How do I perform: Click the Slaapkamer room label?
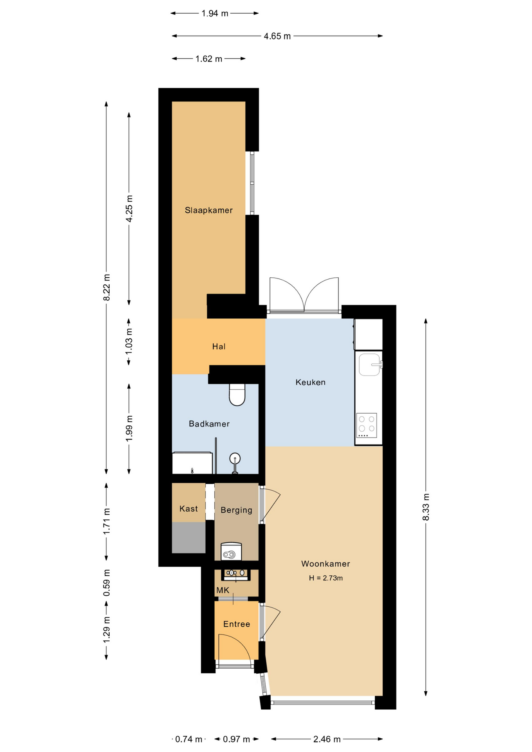pyautogui.click(x=208, y=210)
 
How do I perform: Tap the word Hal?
pyautogui.click(x=219, y=346)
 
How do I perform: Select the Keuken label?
pyautogui.click(x=310, y=382)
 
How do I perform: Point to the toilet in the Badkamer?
pyautogui.click(x=237, y=394)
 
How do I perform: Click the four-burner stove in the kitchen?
pyautogui.click(x=367, y=425)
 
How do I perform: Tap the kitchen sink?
pyautogui.click(x=369, y=365)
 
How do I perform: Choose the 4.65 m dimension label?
pyautogui.click(x=277, y=36)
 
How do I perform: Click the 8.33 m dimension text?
pyautogui.click(x=426, y=507)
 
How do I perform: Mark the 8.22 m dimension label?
pyautogui.click(x=107, y=288)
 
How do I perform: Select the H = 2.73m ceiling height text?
pyautogui.click(x=326, y=578)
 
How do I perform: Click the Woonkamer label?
pyautogui.click(x=326, y=564)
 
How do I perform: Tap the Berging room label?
pyautogui.click(x=236, y=510)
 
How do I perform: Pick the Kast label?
pyautogui.click(x=188, y=509)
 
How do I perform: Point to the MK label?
pyautogui.click(x=223, y=590)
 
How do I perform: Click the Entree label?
pyautogui.click(x=237, y=624)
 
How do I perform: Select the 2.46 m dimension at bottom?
pyautogui.click(x=327, y=739)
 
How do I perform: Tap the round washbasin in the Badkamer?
pyautogui.click(x=235, y=458)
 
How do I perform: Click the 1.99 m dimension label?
pyautogui.click(x=129, y=428)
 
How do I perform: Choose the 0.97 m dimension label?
pyautogui.click(x=236, y=739)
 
